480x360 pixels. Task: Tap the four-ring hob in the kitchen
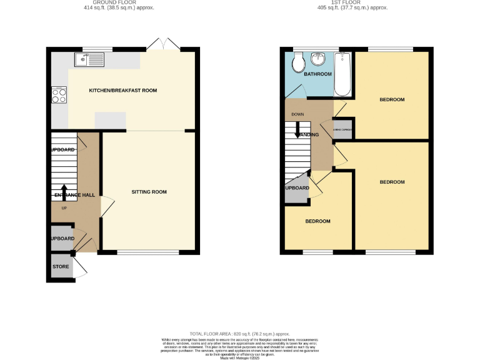59,95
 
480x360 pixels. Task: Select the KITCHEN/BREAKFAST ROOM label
122,91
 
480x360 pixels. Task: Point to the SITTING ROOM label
149,192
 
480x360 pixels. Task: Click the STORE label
61,267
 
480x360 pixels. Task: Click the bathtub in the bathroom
342,74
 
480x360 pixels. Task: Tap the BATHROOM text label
317,74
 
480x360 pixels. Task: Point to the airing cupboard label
343,130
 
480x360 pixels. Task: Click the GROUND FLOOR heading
119,2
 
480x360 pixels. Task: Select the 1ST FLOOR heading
352,2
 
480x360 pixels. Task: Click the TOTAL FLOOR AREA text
239,334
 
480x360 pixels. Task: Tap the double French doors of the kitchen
163,44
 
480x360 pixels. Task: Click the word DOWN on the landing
298,115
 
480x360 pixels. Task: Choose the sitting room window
148,252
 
